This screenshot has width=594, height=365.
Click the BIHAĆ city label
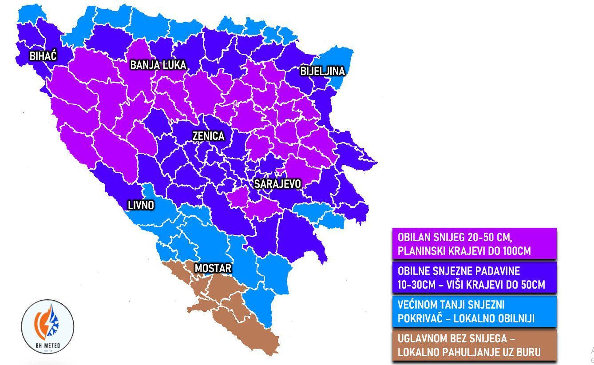pos(43,56)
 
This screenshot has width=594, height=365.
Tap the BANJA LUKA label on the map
pos(158,65)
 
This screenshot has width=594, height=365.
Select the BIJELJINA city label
pos(322,71)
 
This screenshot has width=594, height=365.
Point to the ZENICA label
pos(208,136)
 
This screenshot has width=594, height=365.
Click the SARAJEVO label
pos(277,184)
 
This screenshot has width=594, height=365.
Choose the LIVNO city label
pos(141,205)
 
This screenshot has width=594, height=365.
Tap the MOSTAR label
pos(213,269)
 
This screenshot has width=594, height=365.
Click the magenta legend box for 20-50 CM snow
pos(474,243)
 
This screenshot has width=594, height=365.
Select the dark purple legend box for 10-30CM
pos(474,278)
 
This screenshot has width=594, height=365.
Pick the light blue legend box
pos(474,312)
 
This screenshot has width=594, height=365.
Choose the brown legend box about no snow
pos(474,345)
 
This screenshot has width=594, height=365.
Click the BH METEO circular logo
pos(48,327)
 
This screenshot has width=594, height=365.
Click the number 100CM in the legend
pos(516,251)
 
